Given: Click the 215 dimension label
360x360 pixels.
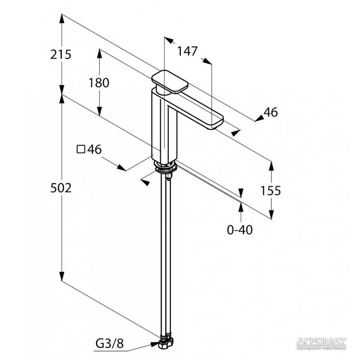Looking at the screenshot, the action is pos(61,55).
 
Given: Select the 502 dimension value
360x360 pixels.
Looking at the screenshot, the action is pos(61,188).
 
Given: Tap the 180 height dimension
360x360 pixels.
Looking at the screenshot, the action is pos(99,83).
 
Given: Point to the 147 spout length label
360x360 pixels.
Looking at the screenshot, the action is pos(187,51).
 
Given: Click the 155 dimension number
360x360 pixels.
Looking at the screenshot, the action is pos(271,190).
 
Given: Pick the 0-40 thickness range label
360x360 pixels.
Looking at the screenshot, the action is pos(240,229).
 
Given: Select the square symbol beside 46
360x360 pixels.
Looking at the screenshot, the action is pos(81,149).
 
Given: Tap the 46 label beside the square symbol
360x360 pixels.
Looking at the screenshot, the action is pos(94,149).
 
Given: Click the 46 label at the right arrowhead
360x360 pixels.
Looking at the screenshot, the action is pos(271,112).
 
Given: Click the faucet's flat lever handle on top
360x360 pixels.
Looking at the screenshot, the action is pos(170,82).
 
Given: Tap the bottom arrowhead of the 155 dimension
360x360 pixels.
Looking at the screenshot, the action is pos(271,215).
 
